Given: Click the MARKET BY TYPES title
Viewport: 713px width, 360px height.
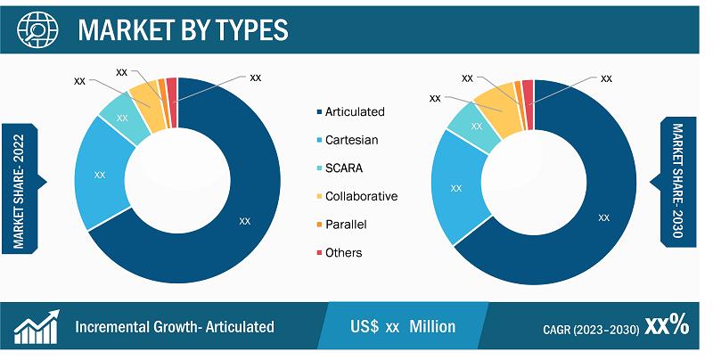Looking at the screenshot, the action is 183,30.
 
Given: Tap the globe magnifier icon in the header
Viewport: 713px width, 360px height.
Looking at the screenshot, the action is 37,29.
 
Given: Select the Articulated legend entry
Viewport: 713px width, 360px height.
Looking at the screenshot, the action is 350,111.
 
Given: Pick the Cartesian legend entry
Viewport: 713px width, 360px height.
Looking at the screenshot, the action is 347,140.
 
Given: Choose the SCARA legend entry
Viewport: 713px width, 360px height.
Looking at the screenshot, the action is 340,168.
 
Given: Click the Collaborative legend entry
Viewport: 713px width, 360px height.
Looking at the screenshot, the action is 357,196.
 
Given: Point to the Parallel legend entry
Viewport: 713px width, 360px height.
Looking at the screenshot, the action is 341,225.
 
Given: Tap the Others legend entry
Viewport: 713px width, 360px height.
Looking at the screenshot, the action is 340,253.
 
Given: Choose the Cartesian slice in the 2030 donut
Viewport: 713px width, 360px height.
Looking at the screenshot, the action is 456,188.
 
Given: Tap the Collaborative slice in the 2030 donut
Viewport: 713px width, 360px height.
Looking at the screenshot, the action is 496,111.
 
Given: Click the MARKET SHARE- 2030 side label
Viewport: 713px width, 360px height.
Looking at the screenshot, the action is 677,181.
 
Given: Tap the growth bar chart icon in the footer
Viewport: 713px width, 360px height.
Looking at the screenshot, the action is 37,327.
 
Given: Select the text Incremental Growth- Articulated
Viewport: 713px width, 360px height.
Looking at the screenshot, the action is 175,327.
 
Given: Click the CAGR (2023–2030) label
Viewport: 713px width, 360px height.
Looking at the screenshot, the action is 591,329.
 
